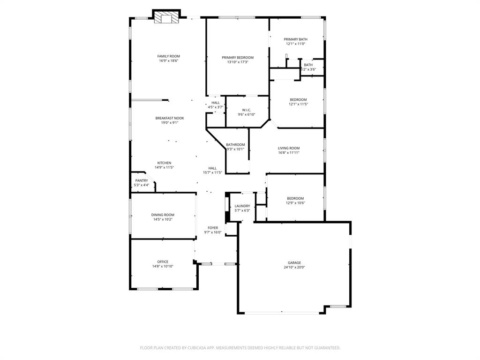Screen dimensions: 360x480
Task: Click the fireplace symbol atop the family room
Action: [167, 17]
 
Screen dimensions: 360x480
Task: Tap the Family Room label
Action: [168, 56]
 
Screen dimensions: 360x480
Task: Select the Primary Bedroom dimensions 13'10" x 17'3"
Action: [238, 62]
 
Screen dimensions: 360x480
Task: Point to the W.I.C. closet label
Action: [247, 110]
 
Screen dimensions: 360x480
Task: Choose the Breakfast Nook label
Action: [170, 118]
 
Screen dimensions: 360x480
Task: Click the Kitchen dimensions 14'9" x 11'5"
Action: [164, 167]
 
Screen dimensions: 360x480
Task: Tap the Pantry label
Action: [142, 180]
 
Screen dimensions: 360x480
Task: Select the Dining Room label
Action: [163, 215]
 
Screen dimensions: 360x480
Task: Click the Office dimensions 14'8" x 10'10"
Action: [163, 266]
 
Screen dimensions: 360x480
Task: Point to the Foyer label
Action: [213, 228]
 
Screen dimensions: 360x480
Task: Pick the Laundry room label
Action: [242, 206]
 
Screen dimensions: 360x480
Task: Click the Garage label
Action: [294, 262]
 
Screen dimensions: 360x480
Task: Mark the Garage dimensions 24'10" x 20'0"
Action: [294, 267]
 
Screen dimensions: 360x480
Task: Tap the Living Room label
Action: [288, 148]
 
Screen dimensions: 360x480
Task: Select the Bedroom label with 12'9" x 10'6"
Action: [295, 198]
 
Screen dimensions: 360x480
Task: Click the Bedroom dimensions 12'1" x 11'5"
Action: [298, 104]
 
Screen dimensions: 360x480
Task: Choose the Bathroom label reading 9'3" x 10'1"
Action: [235, 145]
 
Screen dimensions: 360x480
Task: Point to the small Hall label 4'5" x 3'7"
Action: [216, 103]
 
